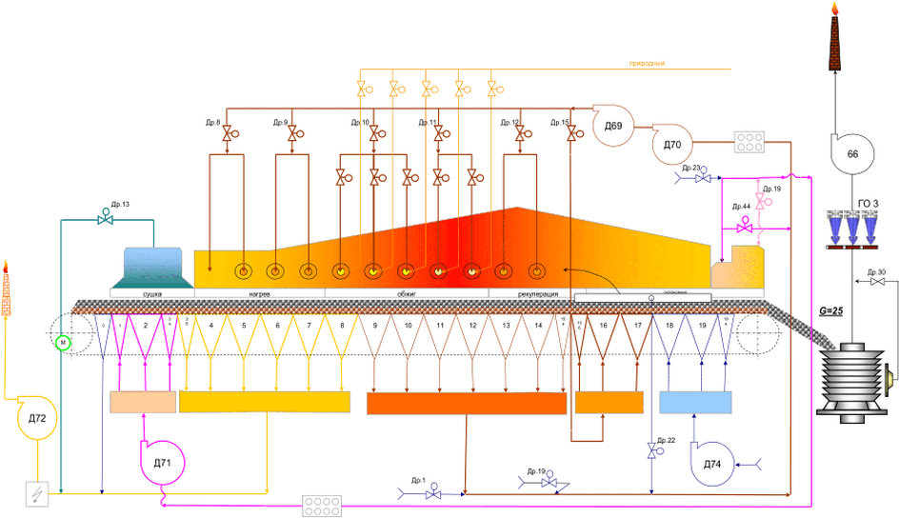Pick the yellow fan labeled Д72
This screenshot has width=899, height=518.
[x=39, y=417]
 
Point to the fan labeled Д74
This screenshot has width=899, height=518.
[x=715, y=462]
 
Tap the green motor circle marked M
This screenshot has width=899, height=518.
[x=64, y=342]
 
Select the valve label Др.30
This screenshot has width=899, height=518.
[x=877, y=271]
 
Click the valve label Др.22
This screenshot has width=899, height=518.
[x=665, y=440]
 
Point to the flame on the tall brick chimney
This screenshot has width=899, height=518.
[x=835, y=9]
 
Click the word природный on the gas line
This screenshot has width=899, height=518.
[x=646, y=64]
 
